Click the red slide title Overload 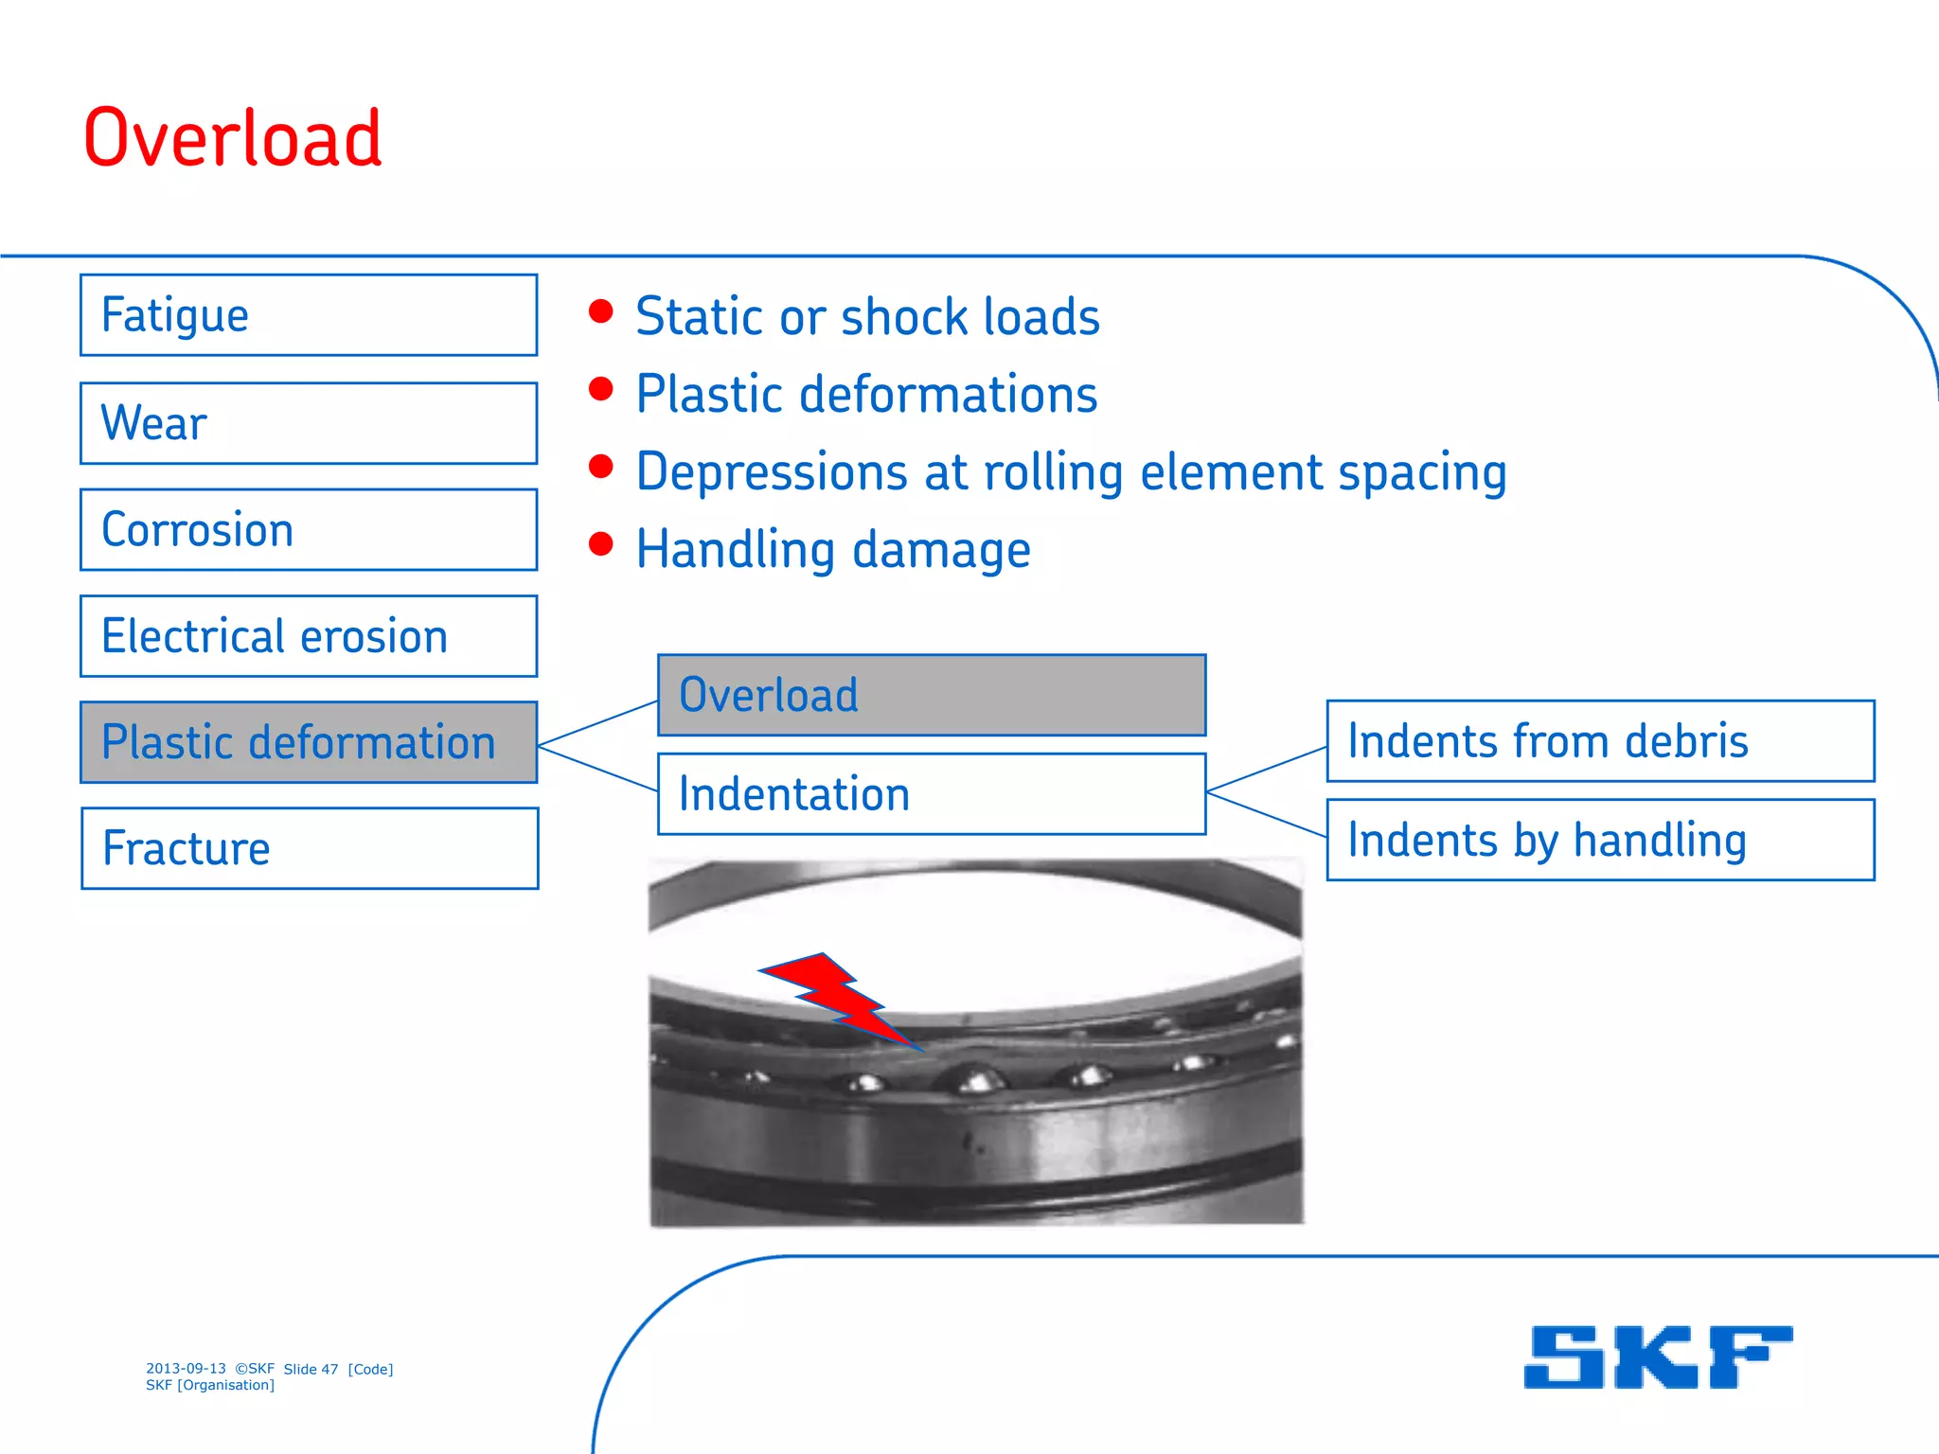(233, 139)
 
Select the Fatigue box (309, 315)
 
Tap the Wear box (309, 423)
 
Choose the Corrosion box (309, 530)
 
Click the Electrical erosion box (309, 636)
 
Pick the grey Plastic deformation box (309, 742)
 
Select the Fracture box (309, 848)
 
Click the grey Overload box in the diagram (932, 695)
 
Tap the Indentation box (932, 794)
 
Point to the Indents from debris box (1600, 741)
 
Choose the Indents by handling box (1600, 841)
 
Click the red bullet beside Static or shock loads (600, 311)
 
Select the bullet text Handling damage (833, 550)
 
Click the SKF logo (1657, 1356)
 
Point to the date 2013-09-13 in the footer (186, 1369)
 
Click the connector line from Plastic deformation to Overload (597, 724)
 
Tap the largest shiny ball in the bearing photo (972, 1077)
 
